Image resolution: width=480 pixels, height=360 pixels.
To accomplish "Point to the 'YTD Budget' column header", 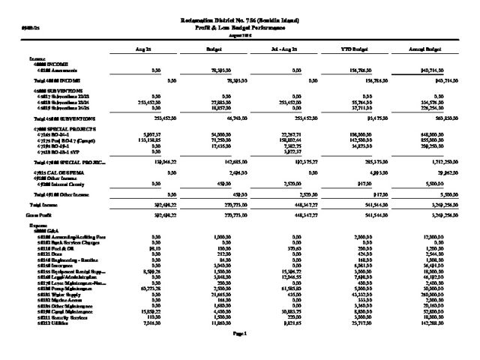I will (356, 49).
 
